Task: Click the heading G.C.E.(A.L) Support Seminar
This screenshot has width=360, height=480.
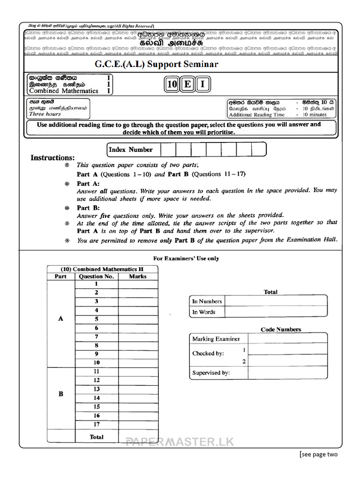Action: point(157,64)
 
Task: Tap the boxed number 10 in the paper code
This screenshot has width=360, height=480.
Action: point(172,84)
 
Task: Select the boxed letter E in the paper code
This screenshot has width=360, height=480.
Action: point(187,84)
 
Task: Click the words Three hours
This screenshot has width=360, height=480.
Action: point(45,114)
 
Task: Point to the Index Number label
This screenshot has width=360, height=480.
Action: point(131,150)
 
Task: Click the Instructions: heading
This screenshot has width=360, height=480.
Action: point(52,157)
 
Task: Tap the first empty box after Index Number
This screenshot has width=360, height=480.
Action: point(168,150)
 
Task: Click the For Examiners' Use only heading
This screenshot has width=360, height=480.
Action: point(186,258)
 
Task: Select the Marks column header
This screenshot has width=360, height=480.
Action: point(137,277)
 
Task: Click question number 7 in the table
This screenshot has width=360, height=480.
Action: point(97,337)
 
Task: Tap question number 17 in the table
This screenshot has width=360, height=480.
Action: point(97,424)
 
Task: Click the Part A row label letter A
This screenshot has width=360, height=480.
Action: point(60,319)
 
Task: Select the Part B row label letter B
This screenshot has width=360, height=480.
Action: point(60,394)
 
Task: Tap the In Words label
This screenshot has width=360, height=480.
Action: point(204,312)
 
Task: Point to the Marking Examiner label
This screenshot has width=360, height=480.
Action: point(216,338)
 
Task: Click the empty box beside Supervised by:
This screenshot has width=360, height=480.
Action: point(287,373)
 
